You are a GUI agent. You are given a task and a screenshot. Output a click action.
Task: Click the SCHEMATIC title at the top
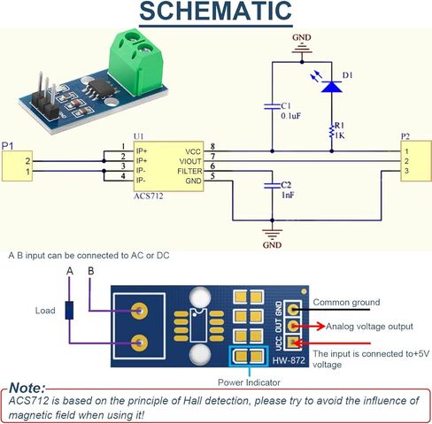215,12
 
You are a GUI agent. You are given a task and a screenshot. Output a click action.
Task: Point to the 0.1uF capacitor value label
292,115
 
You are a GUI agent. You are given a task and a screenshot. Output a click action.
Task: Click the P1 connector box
18,166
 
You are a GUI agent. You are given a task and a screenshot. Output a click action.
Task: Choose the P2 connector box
413,160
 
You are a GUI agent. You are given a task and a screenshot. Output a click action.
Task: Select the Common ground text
346,302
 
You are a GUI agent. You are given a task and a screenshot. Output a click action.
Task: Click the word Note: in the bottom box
29,388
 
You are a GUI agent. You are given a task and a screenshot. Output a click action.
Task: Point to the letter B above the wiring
90,271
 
